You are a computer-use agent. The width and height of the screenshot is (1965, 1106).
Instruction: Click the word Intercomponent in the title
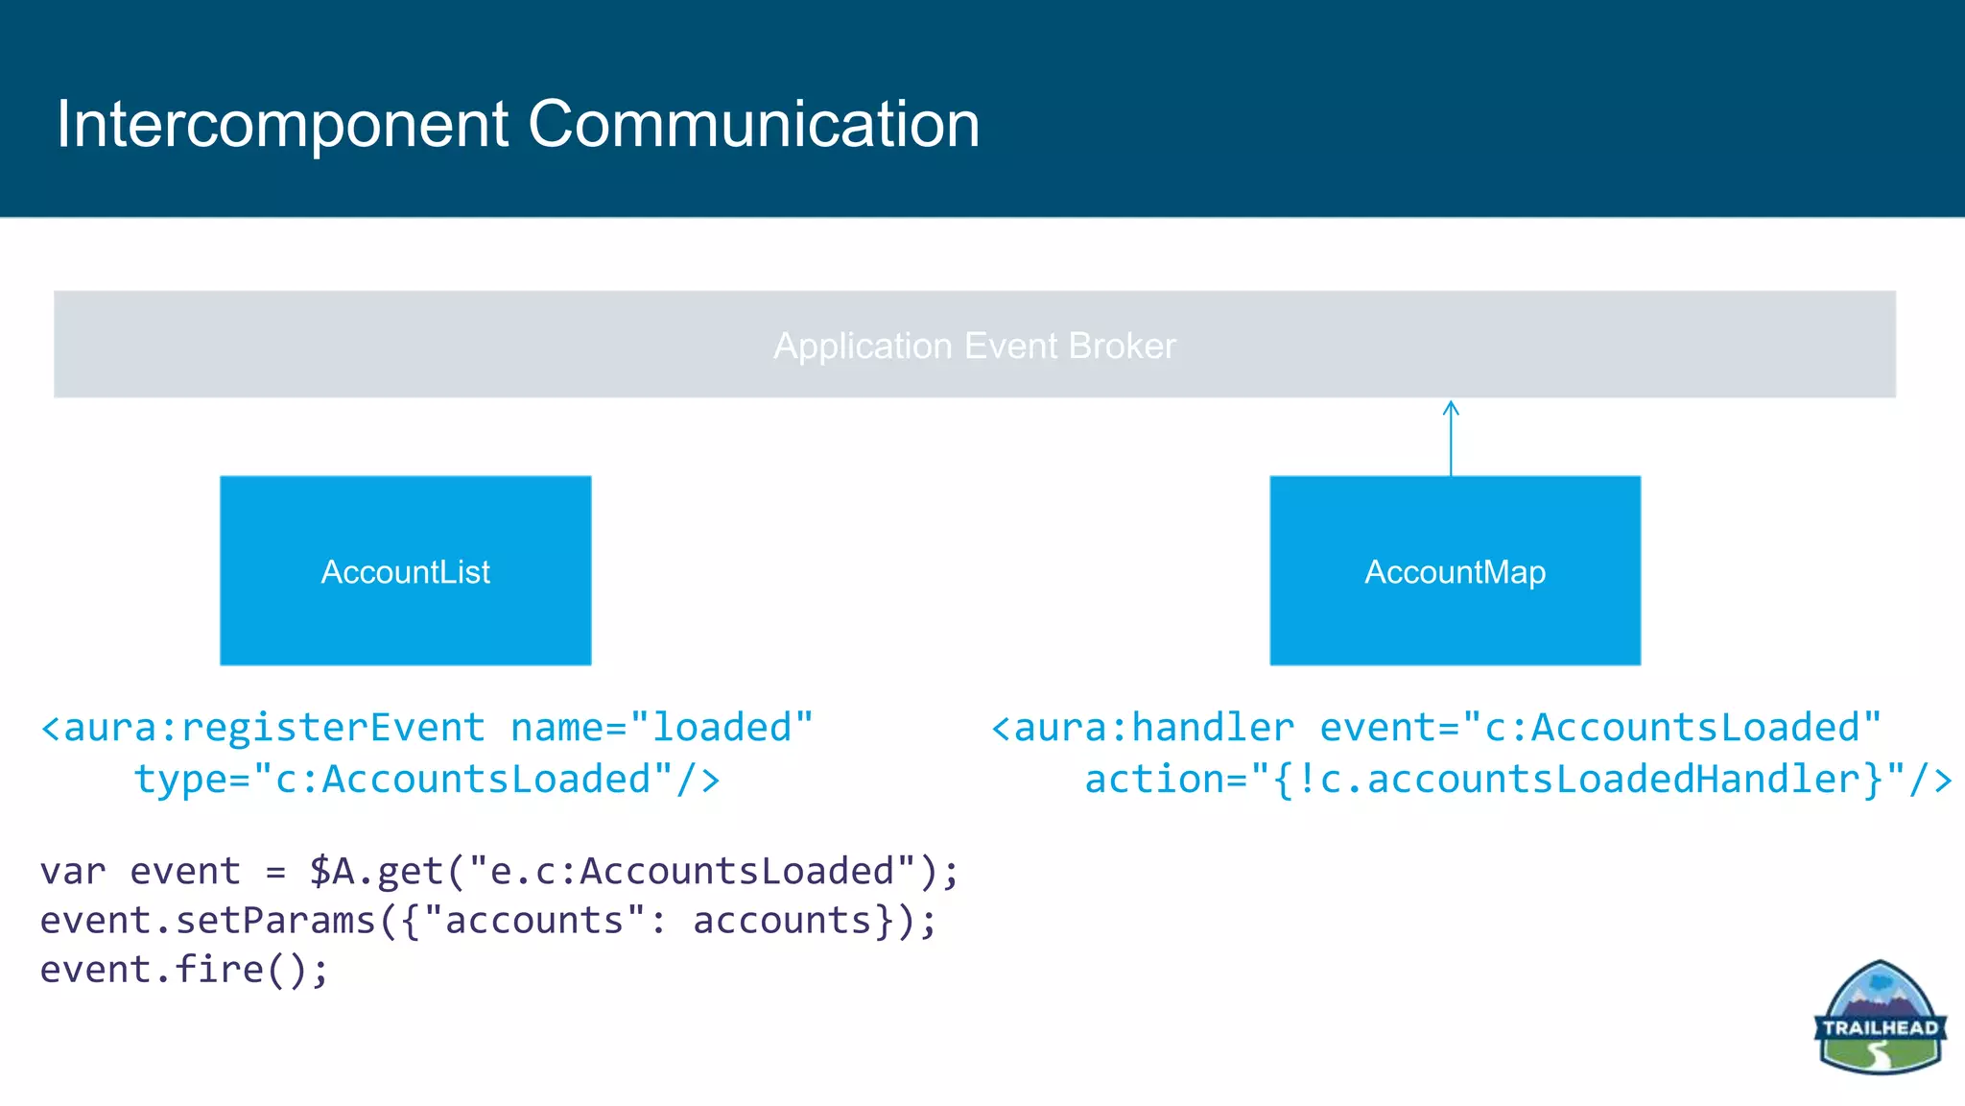click(281, 125)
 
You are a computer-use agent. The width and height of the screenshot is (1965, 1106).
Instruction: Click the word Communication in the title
click(753, 125)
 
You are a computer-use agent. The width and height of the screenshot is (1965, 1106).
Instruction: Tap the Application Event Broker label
click(974, 346)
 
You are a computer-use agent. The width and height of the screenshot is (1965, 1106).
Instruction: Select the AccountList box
click(405, 570)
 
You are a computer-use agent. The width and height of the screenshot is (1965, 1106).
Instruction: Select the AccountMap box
click(1455, 570)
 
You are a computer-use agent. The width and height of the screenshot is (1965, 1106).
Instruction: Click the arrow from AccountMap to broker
click(1451, 438)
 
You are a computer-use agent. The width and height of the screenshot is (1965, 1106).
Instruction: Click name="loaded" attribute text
click(661, 728)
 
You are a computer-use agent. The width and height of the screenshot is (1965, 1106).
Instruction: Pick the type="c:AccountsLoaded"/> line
click(427, 780)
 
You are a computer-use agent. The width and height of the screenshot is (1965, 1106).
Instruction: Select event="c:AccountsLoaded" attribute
click(1600, 728)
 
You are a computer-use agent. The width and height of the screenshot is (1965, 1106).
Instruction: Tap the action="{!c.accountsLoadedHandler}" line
click(1516, 780)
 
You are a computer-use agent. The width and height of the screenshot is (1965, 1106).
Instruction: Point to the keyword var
click(73, 872)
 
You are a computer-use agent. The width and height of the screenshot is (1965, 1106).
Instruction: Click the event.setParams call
click(206, 921)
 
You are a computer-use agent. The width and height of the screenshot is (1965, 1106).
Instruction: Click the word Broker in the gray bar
click(1122, 346)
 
